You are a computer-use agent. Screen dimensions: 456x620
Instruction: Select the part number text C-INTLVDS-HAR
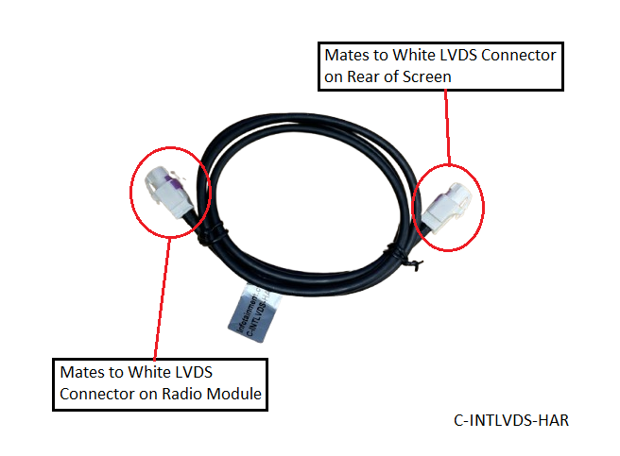(510, 420)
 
